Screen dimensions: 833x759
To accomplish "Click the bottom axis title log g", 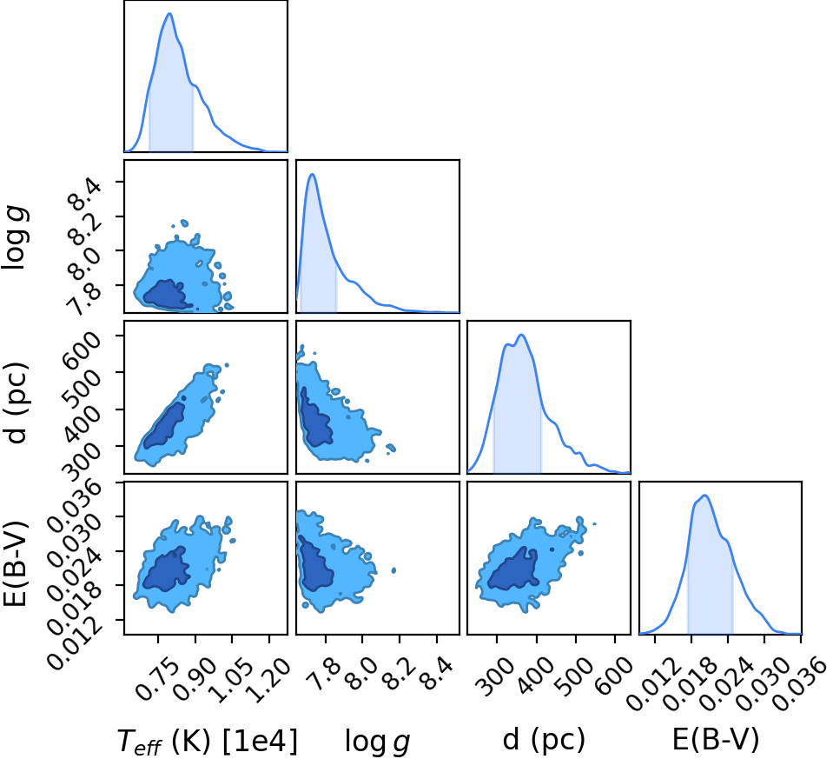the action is click(x=377, y=741).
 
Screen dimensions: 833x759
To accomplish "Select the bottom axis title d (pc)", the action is click(x=544, y=739).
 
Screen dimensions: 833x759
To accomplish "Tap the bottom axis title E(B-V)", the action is click(x=716, y=739).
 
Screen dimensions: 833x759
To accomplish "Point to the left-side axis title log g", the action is click(x=15, y=238).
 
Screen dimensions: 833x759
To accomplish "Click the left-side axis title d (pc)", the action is click(x=16, y=403).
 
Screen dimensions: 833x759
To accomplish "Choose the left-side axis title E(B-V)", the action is click(x=15, y=563).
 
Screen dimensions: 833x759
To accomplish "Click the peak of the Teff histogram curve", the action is click(x=169, y=13).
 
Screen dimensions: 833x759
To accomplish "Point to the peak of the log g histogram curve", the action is click(x=313, y=174).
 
